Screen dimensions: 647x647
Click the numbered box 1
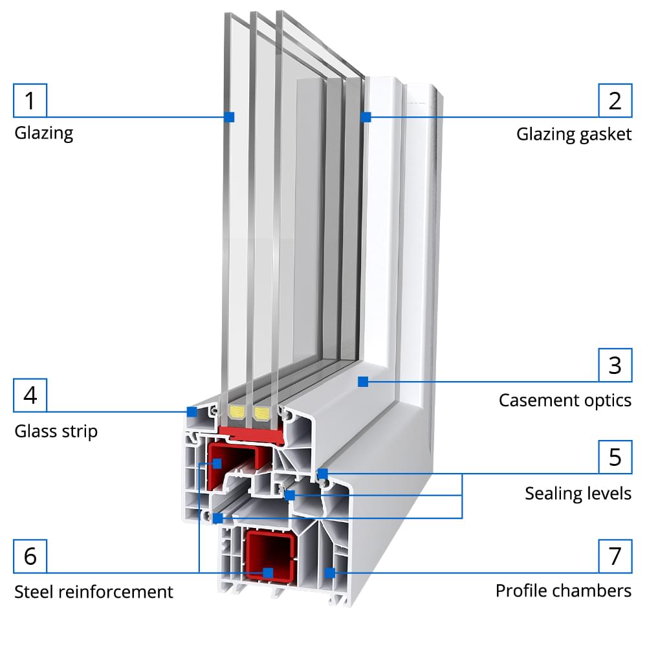pos(30,100)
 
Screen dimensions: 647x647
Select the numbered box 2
pos(615,100)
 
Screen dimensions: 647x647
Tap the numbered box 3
pos(615,366)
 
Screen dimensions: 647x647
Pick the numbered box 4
pos(30,395)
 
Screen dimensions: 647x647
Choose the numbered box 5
pos(615,457)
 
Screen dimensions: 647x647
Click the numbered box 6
pos(30,556)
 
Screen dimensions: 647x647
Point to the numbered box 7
pos(615,556)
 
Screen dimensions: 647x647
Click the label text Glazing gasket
pos(573,135)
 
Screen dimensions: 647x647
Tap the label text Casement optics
pos(565,400)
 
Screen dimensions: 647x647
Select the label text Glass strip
pos(56,431)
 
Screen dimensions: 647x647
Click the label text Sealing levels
pos(578,494)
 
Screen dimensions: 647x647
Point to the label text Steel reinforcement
pos(94,591)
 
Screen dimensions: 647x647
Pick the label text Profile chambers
pos(563,591)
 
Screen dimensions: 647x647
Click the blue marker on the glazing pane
pos(229,116)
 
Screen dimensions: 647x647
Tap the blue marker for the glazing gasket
pos(366,117)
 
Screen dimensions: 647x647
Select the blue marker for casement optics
pos(363,382)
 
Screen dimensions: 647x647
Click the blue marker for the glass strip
pos(192,411)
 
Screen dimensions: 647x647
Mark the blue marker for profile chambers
pos(329,572)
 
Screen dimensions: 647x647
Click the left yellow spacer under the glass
pos(237,413)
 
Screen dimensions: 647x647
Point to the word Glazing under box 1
pos(43,134)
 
